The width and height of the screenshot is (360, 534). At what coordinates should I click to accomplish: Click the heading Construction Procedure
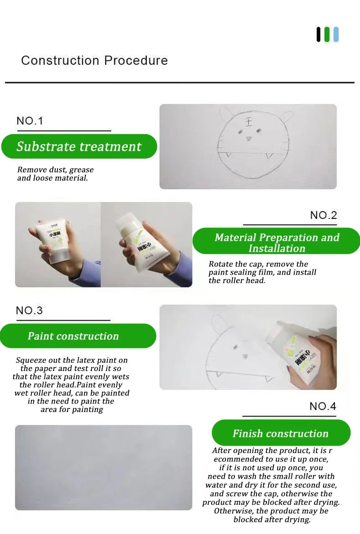(x=94, y=60)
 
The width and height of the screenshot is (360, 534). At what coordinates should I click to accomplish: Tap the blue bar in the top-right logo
(x=336, y=35)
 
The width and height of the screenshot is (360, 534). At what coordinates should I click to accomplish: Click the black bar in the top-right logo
(x=319, y=35)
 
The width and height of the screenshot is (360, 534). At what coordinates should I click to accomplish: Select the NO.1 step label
(x=30, y=121)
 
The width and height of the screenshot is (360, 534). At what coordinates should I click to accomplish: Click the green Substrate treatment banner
(x=79, y=146)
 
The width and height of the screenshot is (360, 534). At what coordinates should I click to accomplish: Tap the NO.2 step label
(x=323, y=215)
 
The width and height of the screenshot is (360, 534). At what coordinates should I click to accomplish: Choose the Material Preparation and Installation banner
(x=276, y=243)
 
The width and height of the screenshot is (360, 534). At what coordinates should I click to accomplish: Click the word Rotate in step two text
(x=220, y=264)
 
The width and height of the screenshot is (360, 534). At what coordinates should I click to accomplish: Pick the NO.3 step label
(x=29, y=311)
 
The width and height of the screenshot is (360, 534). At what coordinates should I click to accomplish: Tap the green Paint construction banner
(x=77, y=336)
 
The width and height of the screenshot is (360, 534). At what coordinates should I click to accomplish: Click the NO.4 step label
(x=323, y=406)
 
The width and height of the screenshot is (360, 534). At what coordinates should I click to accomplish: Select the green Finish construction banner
(x=281, y=433)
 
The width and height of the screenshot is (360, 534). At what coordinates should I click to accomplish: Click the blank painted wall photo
(x=103, y=467)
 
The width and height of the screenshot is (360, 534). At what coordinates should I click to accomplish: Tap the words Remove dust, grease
(x=55, y=170)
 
